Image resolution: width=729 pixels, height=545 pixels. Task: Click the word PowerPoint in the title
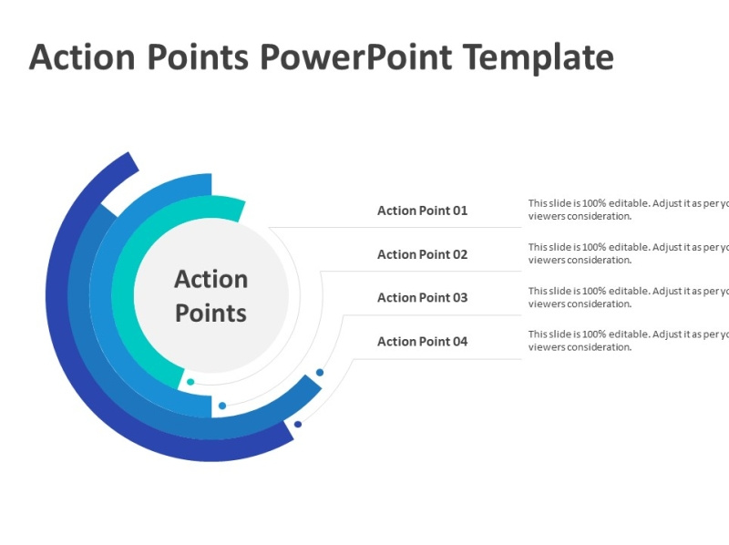pyautogui.click(x=355, y=57)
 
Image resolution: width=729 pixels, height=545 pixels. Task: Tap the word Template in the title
pyautogui.click(x=538, y=57)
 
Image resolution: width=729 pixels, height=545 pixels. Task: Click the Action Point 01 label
pyautogui.click(x=422, y=211)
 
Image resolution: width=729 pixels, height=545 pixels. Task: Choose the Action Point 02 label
pyautogui.click(x=422, y=254)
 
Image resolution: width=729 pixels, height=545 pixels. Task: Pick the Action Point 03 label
pyautogui.click(x=422, y=297)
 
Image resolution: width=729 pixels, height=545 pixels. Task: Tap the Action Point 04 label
pyautogui.click(x=422, y=342)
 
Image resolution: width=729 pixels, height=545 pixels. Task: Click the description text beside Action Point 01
pyautogui.click(x=628, y=210)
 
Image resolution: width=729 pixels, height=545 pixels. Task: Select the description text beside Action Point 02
pyautogui.click(x=628, y=253)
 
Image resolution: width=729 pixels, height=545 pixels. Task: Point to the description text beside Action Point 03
pyautogui.click(x=628, y=297)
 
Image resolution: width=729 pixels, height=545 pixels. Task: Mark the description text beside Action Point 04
pyautogui.click(x=628, y=340)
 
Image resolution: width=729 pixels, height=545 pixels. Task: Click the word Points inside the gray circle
pyautogui.click(x=210, y=314)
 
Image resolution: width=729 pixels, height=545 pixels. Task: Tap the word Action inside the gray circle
pyautogui.click(x=210, y=279)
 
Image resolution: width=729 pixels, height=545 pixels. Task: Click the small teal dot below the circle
pyautogui.click(x=190, y=382)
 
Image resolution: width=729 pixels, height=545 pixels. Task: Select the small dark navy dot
pyautogui.click(x=298, y=424)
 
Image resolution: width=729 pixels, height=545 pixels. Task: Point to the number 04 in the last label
pyautogui.click(x=458, y=342)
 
